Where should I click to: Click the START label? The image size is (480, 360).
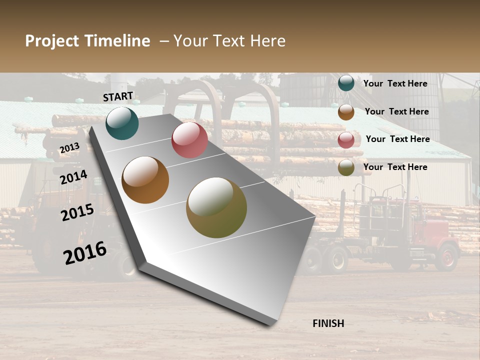click(x=118, y=96)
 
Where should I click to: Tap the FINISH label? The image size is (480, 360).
click(x=328, y=323)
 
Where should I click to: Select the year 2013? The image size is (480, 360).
click(x=69, y=147)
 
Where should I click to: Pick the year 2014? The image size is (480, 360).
click(x=73, y=177)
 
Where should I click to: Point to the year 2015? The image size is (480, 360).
click(x=77, y=212)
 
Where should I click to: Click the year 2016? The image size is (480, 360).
click(x=85, y=253)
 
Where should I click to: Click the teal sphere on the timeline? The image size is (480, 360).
click(x=122, y=123)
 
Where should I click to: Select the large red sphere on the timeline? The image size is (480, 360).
click(x=189, y=140)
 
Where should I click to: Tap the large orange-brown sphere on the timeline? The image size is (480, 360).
click(x=145, y=180)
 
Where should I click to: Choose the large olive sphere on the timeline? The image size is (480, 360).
click(x=216, y=207)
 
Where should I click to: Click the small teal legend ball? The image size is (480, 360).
click(x=346, y=83)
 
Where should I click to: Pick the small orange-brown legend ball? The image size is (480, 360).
click(x=346, y=112)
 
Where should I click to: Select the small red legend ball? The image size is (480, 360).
click(x=346, y=140)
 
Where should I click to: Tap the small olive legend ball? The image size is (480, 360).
click(x=346, y=168)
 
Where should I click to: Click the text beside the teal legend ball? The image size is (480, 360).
click(x=395, y=83)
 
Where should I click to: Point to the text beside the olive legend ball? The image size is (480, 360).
click(x=395, y=167)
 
